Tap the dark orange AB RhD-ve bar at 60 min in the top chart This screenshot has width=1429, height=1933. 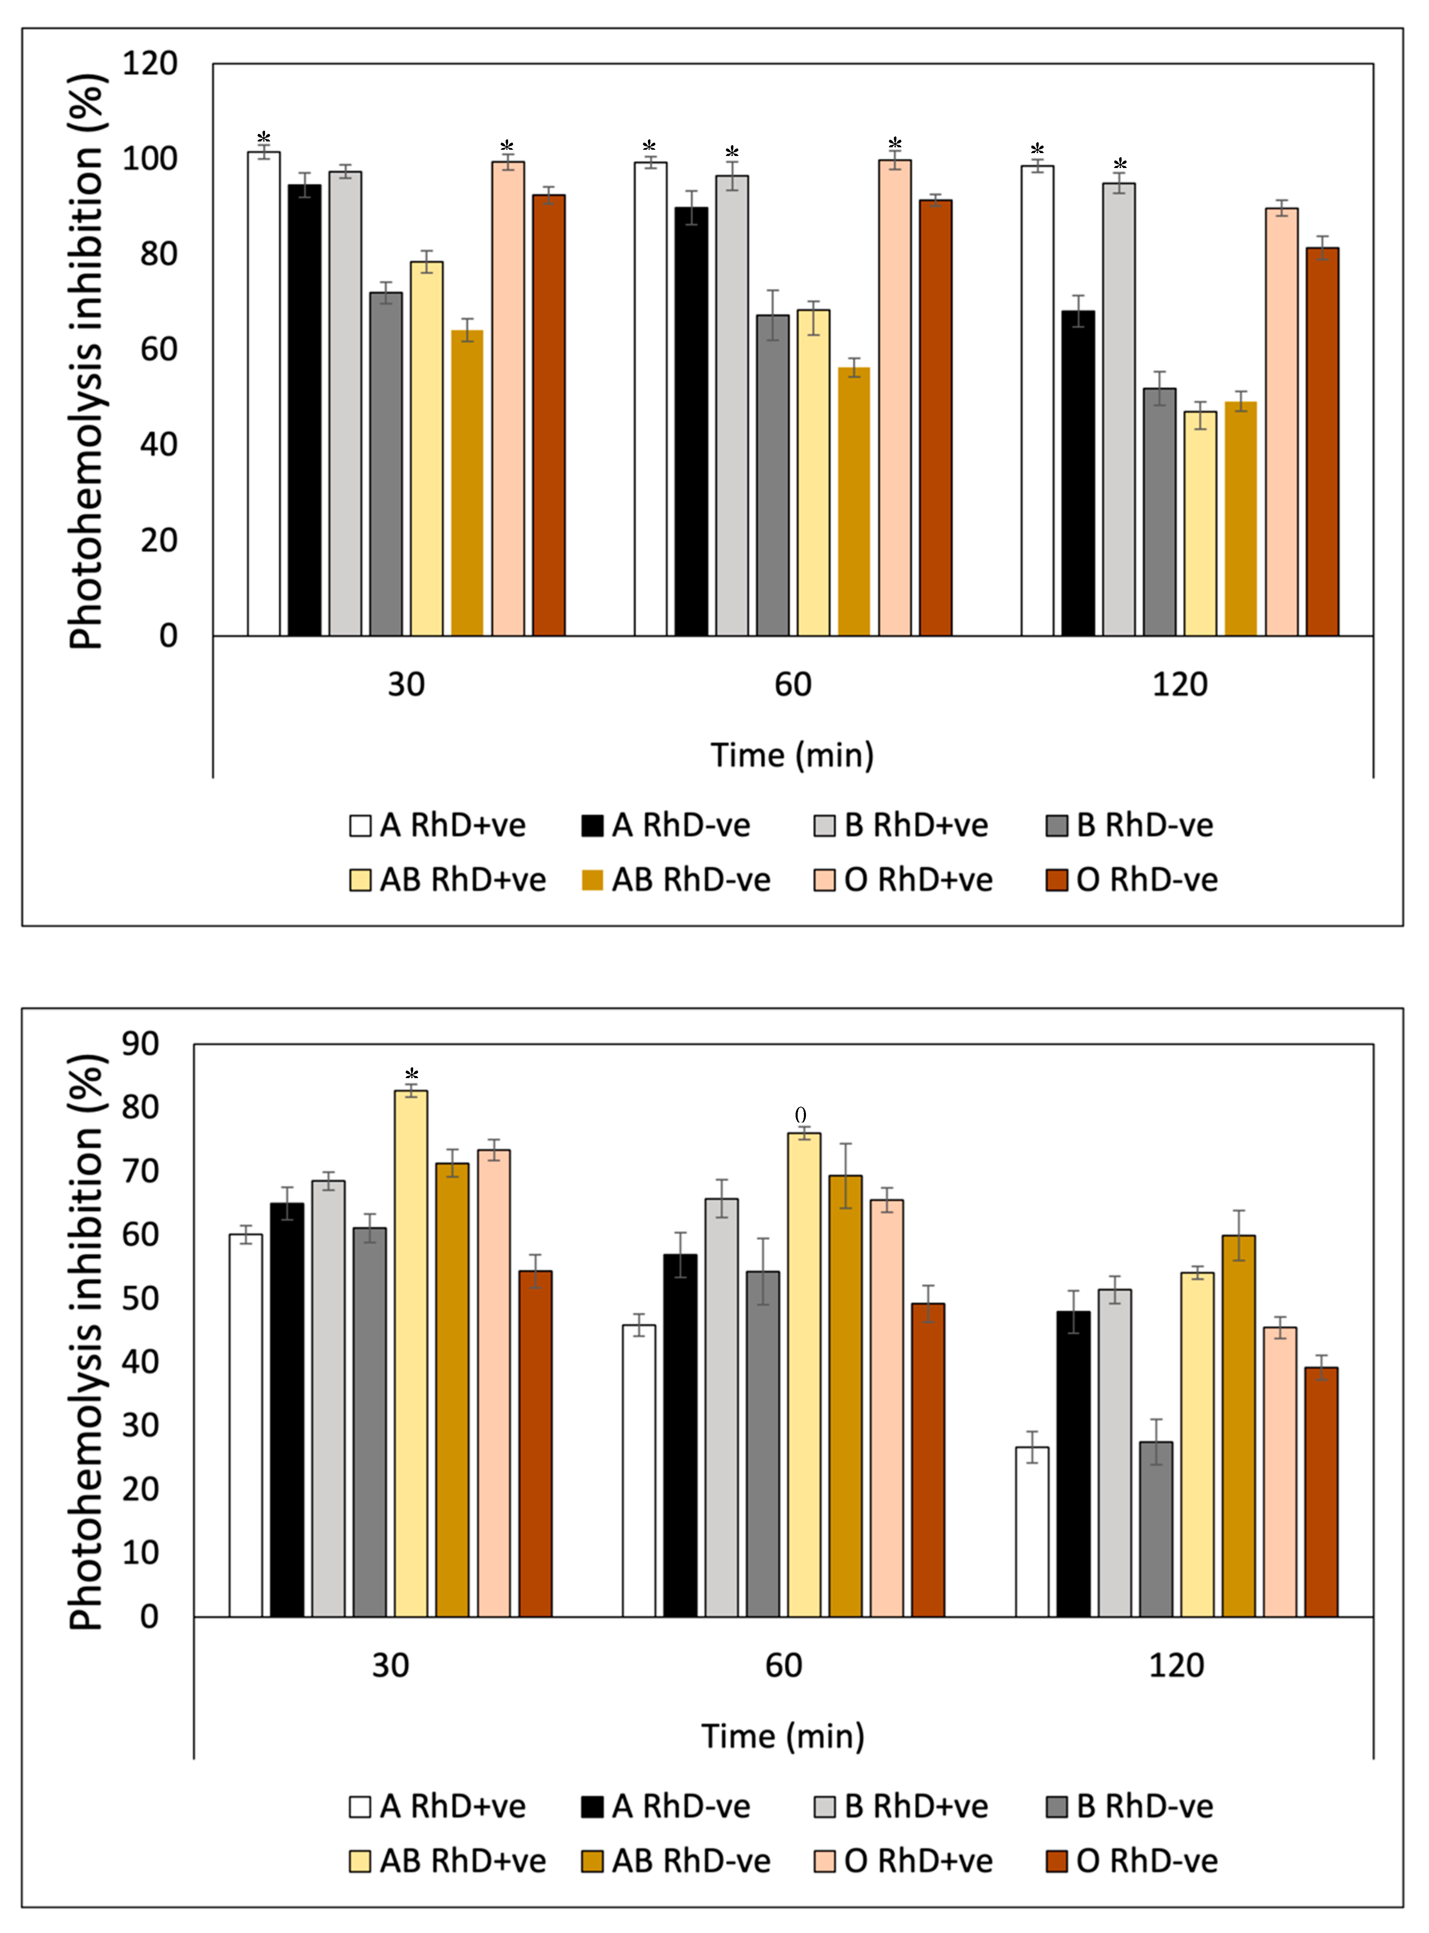pos(854,502)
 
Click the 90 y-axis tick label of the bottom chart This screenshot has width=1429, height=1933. pos(140,1044)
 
